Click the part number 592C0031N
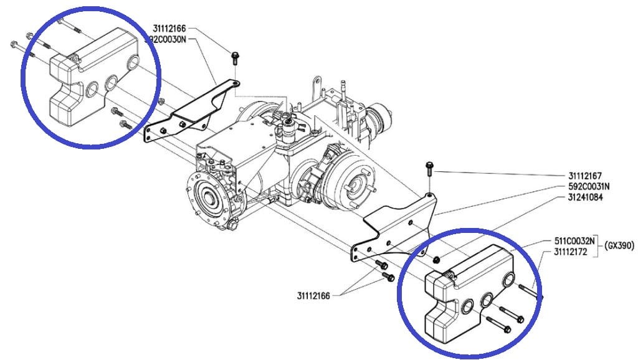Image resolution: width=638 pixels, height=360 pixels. [x=589, y=187]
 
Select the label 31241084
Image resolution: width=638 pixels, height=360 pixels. [x=586, y=197]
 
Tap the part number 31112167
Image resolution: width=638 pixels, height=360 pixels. [x=585, y=176]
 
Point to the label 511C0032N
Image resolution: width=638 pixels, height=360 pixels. [x=574, y=241]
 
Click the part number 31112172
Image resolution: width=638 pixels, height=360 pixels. [x=571, y=252]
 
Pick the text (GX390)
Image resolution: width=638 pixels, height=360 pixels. [x=619, y=245]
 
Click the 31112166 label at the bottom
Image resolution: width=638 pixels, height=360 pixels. [x=313, y=296]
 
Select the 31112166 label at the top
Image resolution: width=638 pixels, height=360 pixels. [x=169, y=29]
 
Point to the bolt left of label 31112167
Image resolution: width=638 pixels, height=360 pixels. [x=429, y=168]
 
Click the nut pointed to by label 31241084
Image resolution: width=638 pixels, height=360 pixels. [x=436, y=259]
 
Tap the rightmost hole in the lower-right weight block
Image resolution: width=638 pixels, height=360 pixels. [x=508, y=279]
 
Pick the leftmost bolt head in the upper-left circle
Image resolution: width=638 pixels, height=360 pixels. [x=13, y=44]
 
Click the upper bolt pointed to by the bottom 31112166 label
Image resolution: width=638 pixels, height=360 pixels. [x=381, y=265]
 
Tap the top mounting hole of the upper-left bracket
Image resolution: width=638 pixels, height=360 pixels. [x=235, y=83]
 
